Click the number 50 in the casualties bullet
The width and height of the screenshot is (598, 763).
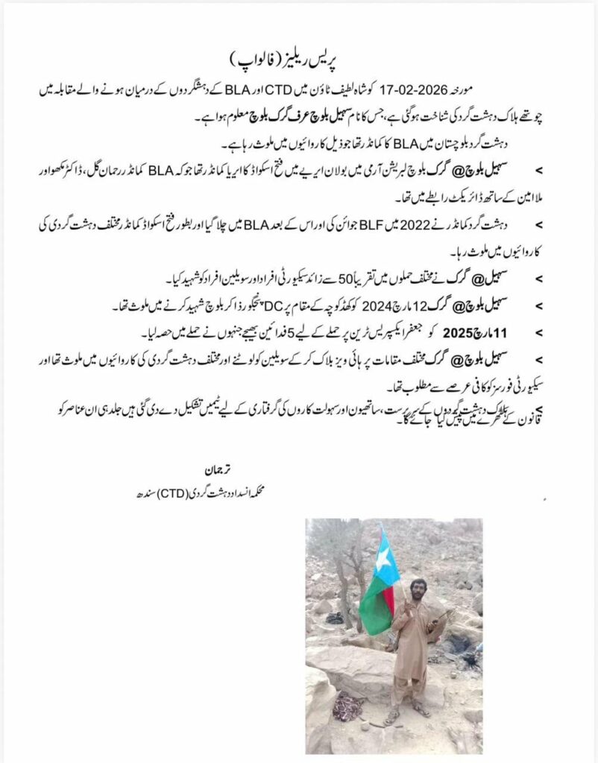pyautogui.click(x=332, y=279)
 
